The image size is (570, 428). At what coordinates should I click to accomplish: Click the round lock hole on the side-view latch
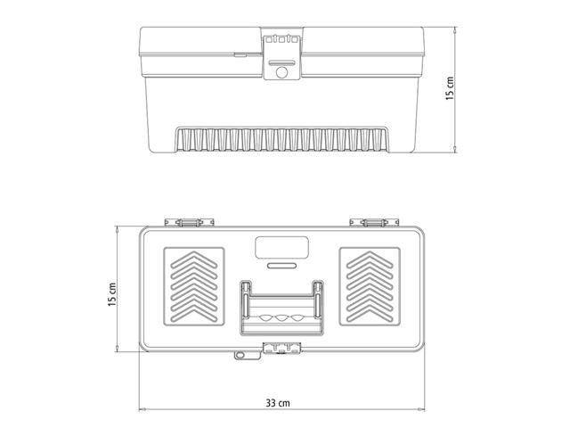284,72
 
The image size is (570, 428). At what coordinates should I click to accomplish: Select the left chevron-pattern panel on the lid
191,287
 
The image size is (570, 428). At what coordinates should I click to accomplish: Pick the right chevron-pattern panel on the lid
373,287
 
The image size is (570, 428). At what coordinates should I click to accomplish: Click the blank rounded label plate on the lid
282,248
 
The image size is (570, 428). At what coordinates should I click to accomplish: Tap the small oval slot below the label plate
282,266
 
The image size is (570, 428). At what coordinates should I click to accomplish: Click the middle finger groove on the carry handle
283,318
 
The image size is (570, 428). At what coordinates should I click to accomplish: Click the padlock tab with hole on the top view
240,357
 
